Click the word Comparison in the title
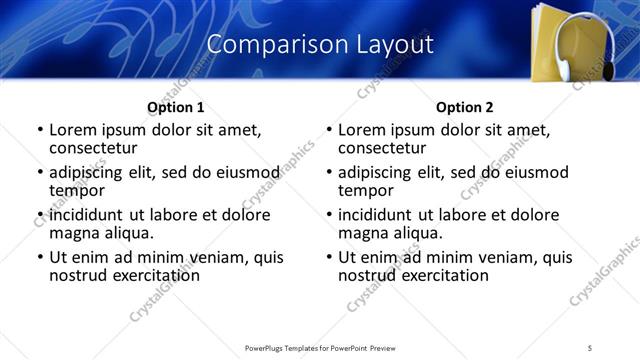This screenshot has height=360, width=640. pos(265,45)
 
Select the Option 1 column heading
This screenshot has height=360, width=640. pos(176,107)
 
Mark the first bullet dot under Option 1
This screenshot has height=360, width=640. pos(40,131)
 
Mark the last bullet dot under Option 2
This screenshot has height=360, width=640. pos(329,258)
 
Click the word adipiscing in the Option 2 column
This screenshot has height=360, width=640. pos(378,173)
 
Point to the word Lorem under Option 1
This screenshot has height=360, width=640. pos(73,130)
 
